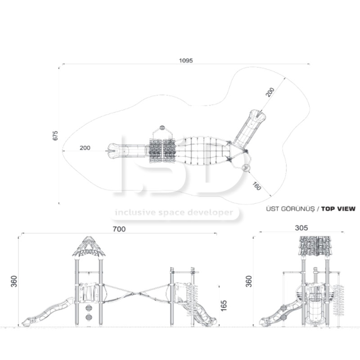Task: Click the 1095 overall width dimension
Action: (186, 61)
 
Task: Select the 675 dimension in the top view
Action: (55, 136)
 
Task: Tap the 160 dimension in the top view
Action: (256, 186)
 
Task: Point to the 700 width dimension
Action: (119, 229)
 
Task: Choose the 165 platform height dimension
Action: (223, 306)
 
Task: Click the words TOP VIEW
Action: (338, 209)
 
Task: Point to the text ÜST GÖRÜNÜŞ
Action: (290, 209)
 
